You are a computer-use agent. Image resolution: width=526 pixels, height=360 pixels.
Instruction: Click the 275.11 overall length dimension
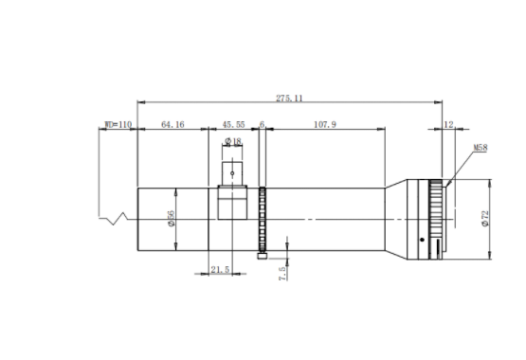point(289,99)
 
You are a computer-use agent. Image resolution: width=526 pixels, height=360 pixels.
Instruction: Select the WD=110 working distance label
point(118,125)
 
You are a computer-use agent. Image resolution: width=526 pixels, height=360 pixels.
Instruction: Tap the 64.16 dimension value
point(172,125)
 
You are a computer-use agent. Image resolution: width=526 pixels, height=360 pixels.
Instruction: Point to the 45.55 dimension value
point(233,125)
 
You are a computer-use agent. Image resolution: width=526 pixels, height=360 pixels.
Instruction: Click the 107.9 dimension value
point(325,125)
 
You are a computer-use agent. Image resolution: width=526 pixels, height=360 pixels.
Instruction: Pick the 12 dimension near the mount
point(448,125)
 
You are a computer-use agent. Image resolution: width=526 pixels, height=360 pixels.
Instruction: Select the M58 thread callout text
point(481,148)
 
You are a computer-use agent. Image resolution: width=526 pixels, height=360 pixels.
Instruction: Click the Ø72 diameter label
point(485,219)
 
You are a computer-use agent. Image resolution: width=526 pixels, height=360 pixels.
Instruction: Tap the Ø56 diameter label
point(172,219)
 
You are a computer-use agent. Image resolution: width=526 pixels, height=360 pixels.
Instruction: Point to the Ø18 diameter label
point(233,141)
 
